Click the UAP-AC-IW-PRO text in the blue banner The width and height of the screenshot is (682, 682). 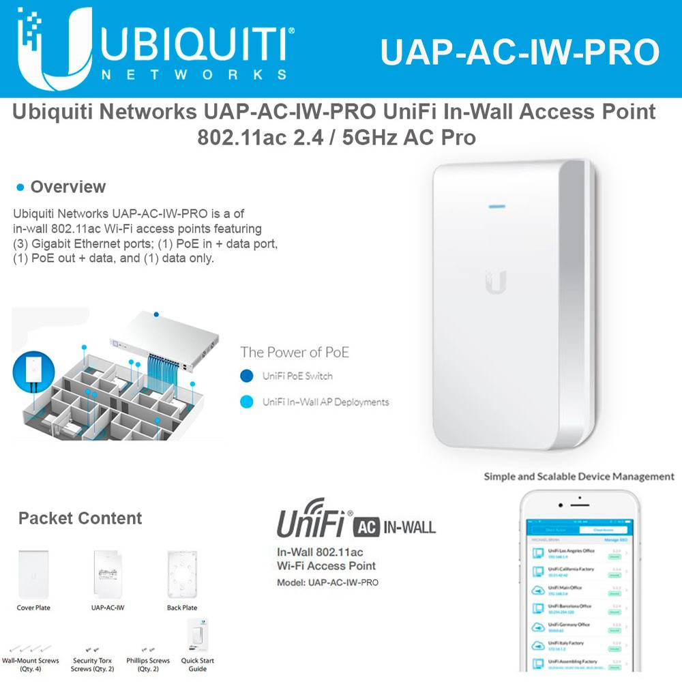coord(520,52)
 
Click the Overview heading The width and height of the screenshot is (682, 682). coord(68,187)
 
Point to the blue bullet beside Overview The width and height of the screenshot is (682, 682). coord(20,188)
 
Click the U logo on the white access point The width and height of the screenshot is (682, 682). coord(496,282)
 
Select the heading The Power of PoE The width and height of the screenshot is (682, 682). coord(294,352)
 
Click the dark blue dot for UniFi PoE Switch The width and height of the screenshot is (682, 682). coord(247,376)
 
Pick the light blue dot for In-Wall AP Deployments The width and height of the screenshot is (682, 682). coord(247,402)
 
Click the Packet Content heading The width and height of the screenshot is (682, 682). coord(80,518)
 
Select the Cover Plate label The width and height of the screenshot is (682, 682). coord(33,608)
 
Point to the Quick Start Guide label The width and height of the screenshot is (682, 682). coord(198,664)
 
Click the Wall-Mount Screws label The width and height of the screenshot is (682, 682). coord(31,664)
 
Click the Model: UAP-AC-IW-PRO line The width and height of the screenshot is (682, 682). coord(327,582)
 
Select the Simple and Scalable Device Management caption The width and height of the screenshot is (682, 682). coord(579,477)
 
